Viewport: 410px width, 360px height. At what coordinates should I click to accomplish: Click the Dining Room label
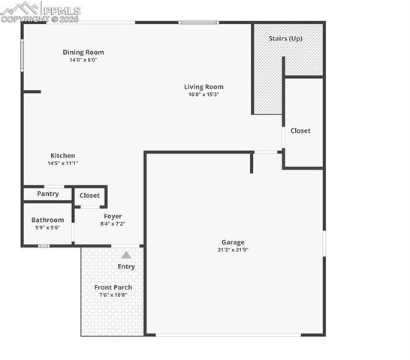coord(83,52)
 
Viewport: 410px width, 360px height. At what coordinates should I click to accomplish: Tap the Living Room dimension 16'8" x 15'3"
coord(203,95)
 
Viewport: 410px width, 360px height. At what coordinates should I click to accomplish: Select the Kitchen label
coord(63,155)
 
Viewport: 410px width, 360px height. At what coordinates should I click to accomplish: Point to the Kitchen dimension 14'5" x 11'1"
coord(63,163)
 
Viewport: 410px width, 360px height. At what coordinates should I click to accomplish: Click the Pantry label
coord(48,193)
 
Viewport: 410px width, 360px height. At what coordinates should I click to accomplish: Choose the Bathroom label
coord(47,220)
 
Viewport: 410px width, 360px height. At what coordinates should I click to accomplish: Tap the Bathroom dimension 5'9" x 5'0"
coord(47,228)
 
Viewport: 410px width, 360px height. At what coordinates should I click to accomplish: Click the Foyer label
coord(113,216)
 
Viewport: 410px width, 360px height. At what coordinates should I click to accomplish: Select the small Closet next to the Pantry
coord(90,195)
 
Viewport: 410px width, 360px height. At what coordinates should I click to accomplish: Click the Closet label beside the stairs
coord(300,130)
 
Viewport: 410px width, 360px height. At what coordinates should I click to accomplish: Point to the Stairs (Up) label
coord(286,38)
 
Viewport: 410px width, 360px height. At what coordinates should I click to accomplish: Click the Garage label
coord(233,242)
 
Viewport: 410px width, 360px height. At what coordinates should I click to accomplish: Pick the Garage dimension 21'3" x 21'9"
coord(233,250)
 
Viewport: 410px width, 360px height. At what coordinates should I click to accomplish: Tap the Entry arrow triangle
coord(126,255)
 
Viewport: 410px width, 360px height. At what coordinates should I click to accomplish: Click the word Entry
coord(126,267)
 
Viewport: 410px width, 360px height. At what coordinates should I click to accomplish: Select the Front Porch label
coord(113,287)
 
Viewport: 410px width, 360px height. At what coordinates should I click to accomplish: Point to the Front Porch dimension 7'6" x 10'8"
coord(113,295)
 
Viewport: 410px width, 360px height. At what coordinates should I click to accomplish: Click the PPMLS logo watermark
coord(41,10)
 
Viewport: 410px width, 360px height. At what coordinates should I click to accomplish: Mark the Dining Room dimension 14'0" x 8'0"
coord(83,60)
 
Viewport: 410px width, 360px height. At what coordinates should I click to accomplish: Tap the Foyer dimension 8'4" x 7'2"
coord(113,223)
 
